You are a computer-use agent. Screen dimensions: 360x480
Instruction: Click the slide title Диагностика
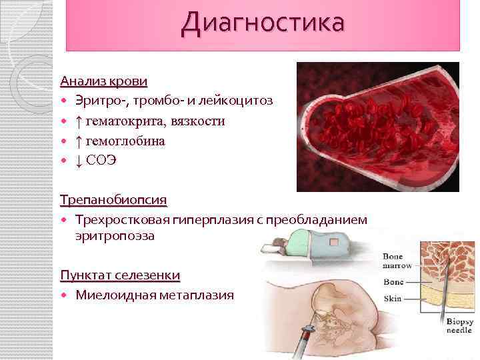263,23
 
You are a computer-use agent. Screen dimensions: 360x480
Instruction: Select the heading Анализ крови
103,81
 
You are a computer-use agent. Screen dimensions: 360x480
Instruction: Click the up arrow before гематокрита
79,121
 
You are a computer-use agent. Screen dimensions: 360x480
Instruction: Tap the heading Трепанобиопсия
113,199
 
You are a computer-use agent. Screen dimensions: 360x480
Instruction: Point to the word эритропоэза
115,235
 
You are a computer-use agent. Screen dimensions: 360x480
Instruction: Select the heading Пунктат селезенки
120,275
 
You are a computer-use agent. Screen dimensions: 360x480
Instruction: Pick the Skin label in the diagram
393,299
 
